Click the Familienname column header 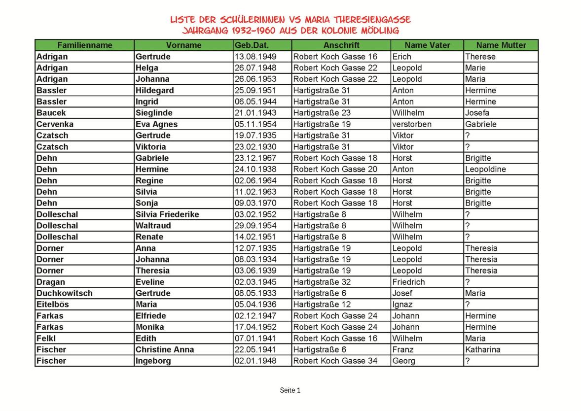[x=84, y=45]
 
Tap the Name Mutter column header [x=501, y=45]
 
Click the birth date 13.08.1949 [x=255, y=57]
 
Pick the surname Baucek [x=51, y=113]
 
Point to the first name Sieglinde [x=154, y=113]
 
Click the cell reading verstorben [x=412, y=124]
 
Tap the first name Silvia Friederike [x=167, y=214]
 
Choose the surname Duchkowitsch [x=65, y=293]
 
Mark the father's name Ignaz [x=402, y=305]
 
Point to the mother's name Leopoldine [x=485, y=169]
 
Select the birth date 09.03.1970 [x=255, y=203]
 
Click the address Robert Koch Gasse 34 [x=335, y=361]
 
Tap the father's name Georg [x=404, y=361]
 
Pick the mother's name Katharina [x=482, y=349]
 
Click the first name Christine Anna [x=165, y=349]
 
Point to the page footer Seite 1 [x=290, y=390]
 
